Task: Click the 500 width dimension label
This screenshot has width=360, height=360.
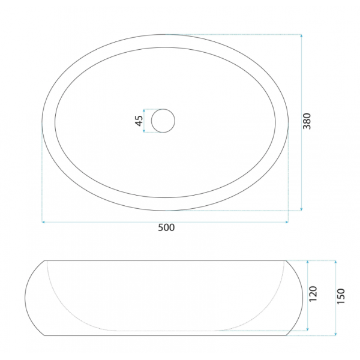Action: pos(166,227)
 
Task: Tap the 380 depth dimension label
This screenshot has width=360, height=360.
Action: pos(307,121)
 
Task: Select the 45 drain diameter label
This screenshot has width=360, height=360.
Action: pos(139,121)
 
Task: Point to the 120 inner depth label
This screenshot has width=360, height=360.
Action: pos(313,294)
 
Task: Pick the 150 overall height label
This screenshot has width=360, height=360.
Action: pos(341,296)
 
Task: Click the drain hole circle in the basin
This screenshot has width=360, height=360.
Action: pos(163,121)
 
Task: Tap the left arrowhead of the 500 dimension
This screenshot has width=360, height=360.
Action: pos(43,222)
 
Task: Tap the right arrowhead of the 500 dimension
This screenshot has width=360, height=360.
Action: pos(287,222)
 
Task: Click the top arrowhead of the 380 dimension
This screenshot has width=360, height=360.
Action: pos(301,36)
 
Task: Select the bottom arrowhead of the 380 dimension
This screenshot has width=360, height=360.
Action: pos(301,209)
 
